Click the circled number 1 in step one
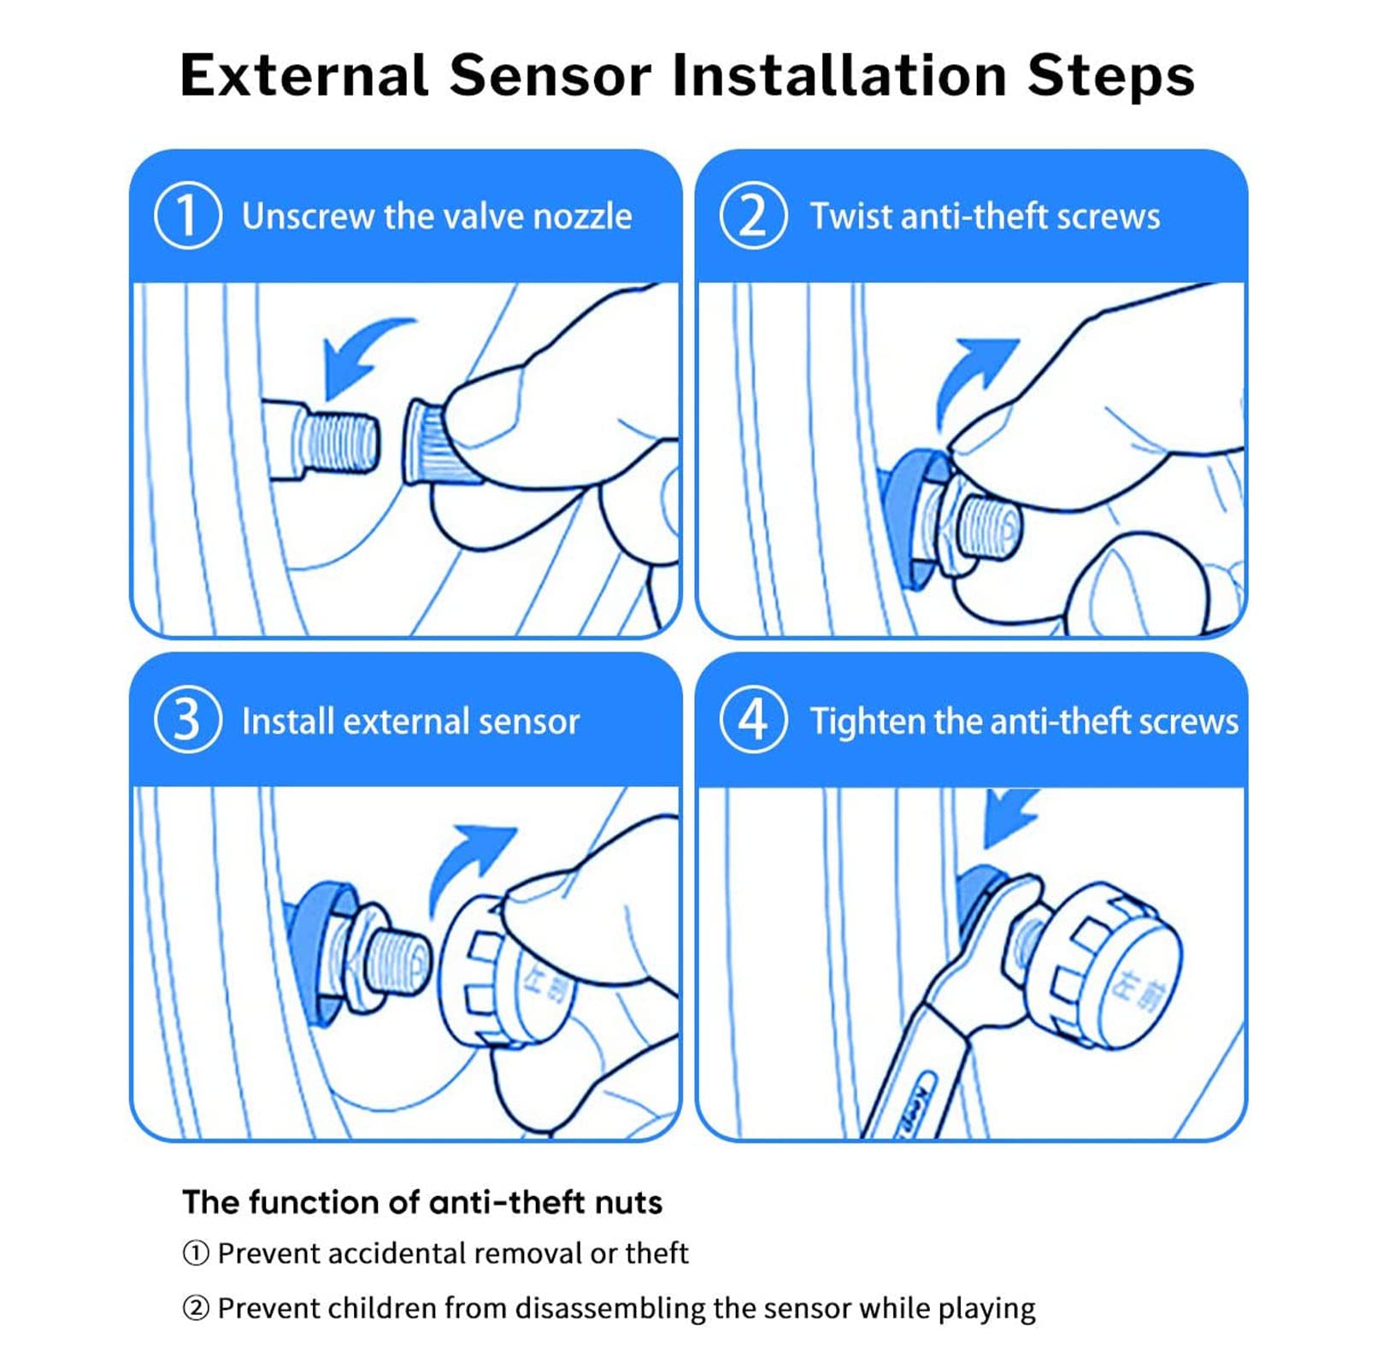click(x=188, y=215)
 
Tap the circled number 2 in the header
click(x=753, y=215)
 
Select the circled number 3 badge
click(x=188, y=719)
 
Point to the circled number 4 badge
click(x=753, y=719)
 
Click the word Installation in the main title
click(x=839, y=75)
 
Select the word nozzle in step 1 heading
click(x=582, y=216)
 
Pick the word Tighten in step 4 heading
click(x=867, y=722)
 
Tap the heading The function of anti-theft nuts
click(x=422, y=1202)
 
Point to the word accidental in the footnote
click(x=396, y=1253)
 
